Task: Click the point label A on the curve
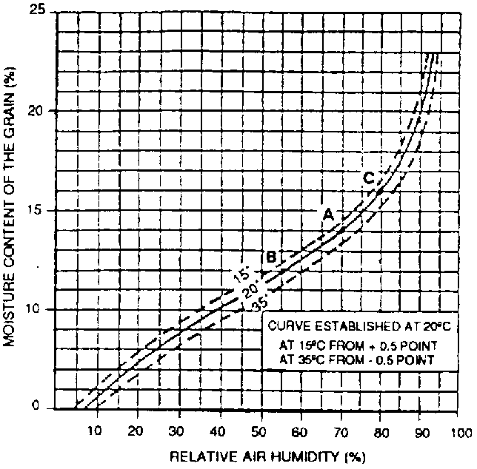click(327, 214)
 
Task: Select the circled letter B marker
click(271, 257)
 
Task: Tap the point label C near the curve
click(369, 178)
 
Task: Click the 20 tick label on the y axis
click(33, 111)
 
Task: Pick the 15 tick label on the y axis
click(33, 211)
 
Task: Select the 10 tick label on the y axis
click(33, 309)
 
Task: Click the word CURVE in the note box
click(286, 325)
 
